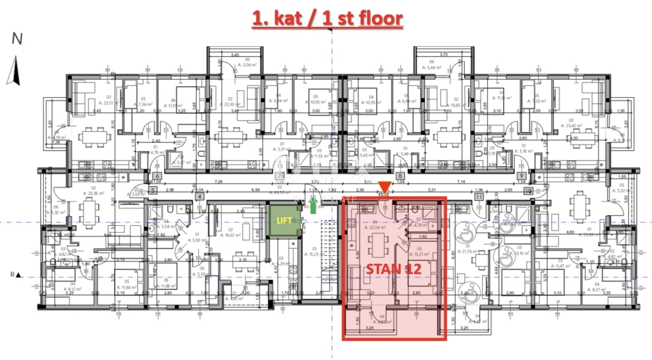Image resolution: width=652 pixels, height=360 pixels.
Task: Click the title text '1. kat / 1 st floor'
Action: (328, 18)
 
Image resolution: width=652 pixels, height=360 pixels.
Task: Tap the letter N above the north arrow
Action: (17, 39)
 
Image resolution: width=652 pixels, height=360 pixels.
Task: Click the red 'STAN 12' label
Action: (393, 268)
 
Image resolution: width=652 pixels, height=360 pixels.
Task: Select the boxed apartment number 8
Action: (400, 176)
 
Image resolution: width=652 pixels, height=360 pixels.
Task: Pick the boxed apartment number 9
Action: (521, 176)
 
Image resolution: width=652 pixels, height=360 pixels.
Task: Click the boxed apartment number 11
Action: (479, 198)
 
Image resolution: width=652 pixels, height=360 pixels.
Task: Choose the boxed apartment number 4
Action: (200, 197)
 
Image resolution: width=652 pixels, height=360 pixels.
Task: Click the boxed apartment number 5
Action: (153, 190)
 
